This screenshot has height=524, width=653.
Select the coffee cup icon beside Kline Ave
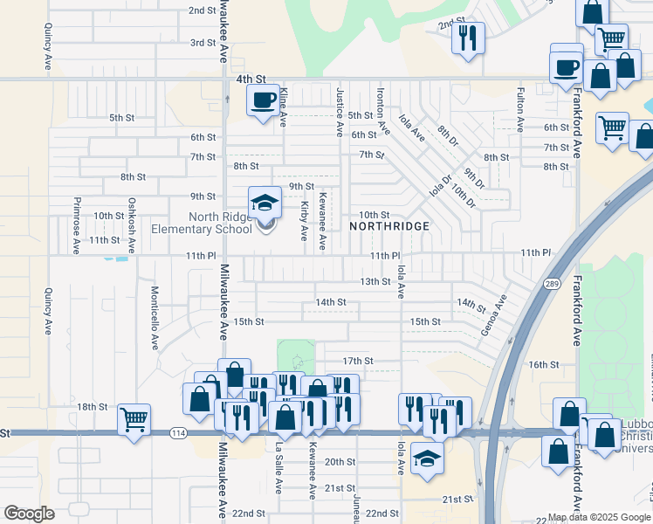click(x=262, y=101)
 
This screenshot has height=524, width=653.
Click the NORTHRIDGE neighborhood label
click(x=389, y=226)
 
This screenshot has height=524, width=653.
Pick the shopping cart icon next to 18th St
click(x=134, y=420)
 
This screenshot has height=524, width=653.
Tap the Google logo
click(x=29, y=514)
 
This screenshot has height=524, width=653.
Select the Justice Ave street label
click(x=339, y=112)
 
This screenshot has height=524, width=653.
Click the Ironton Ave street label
click(x=381, y=110)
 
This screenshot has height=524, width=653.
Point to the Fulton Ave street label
click(x=520, y=109)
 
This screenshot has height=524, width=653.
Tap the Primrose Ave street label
click(x=76, y=224)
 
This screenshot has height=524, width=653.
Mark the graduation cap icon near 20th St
click(x=426, y=457)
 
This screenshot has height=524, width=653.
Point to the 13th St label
click(x=375, y=281)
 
